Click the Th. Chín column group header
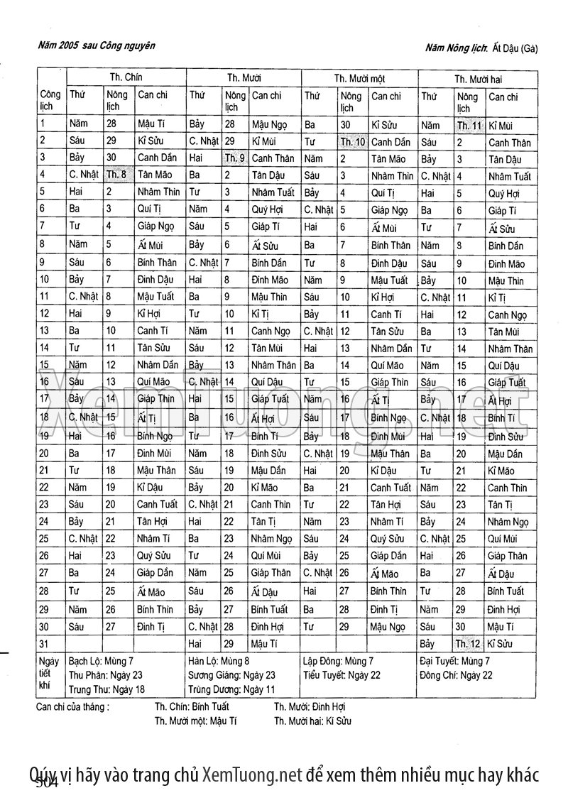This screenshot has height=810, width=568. (x=126, y=77)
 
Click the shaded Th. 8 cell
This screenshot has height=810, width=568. (x=117, y=173)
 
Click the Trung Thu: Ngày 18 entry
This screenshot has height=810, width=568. (x=106, y=689)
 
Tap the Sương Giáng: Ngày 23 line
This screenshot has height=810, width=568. (x=231, y=675)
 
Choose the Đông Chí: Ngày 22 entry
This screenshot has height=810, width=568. (x=456, y=675)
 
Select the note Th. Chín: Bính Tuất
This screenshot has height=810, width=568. (x=192, y=707)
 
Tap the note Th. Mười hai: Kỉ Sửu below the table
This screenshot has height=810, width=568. (x=312, y=721)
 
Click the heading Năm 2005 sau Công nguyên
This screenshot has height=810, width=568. (x=97, y=46)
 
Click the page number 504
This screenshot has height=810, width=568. (x=46, y=783)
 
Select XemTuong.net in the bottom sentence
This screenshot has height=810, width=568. (x=253, y=775)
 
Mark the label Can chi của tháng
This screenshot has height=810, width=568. (x=72, y=707)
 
